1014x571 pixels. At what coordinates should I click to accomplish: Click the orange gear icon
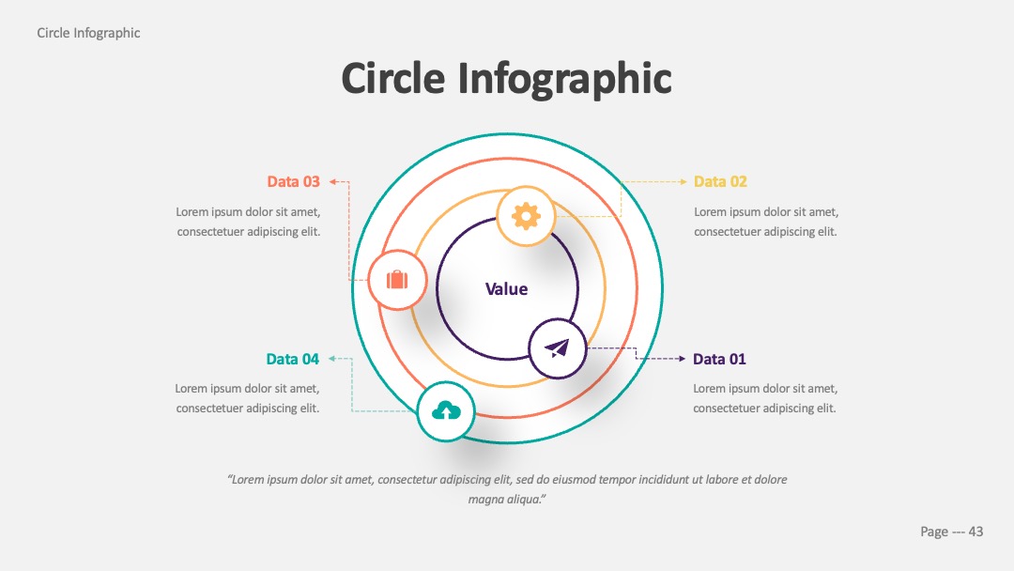526,216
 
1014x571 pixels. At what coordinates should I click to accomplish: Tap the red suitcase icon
397,279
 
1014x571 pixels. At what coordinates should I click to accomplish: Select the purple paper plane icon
557,348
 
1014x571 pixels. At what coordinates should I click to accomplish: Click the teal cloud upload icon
446,410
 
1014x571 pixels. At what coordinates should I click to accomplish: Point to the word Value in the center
506,289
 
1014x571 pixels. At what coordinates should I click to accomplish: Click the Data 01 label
719,359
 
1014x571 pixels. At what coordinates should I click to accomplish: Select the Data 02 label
720,181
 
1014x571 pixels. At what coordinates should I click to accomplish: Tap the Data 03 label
294,181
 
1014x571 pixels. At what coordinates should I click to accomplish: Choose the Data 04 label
292,359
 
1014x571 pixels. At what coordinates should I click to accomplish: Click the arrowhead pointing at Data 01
682,358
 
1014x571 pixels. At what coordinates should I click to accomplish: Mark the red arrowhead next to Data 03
333,181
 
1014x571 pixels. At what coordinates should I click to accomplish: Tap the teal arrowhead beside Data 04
331,358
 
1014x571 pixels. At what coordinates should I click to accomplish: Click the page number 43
976,532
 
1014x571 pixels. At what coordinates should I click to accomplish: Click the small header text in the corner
88,33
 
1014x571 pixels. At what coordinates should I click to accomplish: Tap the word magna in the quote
485,500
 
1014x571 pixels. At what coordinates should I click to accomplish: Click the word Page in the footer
934,532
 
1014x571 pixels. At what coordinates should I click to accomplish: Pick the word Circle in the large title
393,78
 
